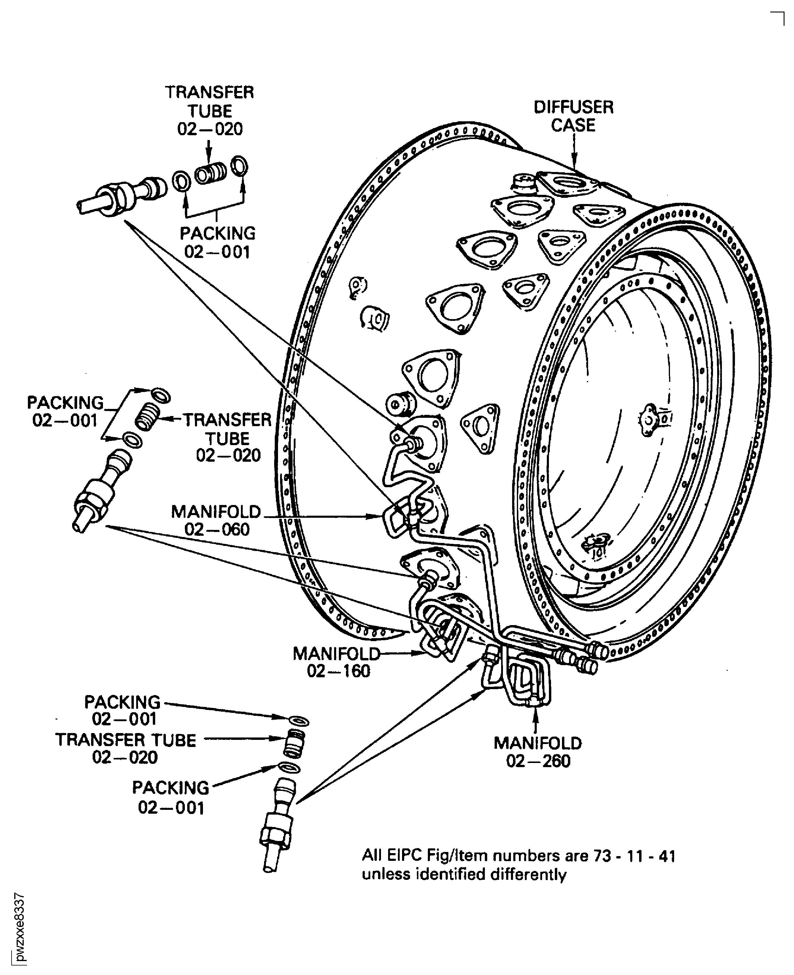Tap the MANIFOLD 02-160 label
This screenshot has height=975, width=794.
pyautogui.click(x=337, y=662)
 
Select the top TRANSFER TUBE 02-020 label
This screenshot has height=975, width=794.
pyautogui.click(x=210, y=111)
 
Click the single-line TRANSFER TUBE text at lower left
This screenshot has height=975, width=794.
pyautogui.click(x=126, y=740)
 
